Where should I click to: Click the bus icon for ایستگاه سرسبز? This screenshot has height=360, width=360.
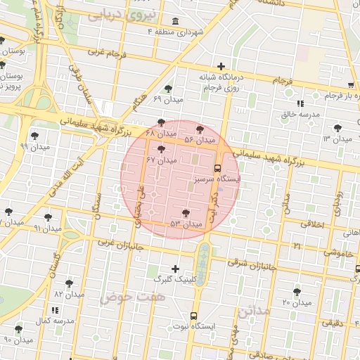217,169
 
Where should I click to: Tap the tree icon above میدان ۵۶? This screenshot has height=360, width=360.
200,129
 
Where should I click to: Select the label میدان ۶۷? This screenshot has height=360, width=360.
161,160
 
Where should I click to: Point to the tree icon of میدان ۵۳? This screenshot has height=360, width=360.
186,213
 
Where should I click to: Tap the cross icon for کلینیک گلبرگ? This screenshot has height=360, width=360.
175,268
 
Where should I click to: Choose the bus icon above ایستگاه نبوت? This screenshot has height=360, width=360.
194,316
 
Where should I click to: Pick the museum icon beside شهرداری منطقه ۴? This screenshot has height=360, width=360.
174,22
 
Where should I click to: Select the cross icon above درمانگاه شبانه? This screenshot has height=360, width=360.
221,66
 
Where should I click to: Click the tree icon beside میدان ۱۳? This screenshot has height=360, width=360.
339,127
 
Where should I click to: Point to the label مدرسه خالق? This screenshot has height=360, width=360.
301,113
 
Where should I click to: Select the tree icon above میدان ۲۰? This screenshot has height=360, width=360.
297,292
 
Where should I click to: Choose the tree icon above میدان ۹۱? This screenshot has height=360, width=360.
48,217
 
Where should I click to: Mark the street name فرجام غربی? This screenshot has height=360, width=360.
108,52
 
